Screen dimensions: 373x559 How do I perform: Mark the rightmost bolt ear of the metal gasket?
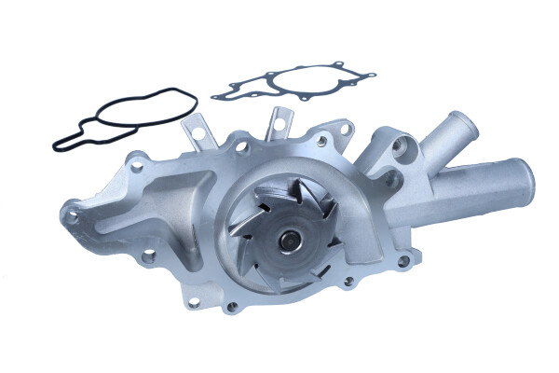tap(372, 76)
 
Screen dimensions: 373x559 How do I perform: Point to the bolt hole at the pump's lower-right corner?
tap(402, 262)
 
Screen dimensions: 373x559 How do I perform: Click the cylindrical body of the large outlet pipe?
tap(466, 191)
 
